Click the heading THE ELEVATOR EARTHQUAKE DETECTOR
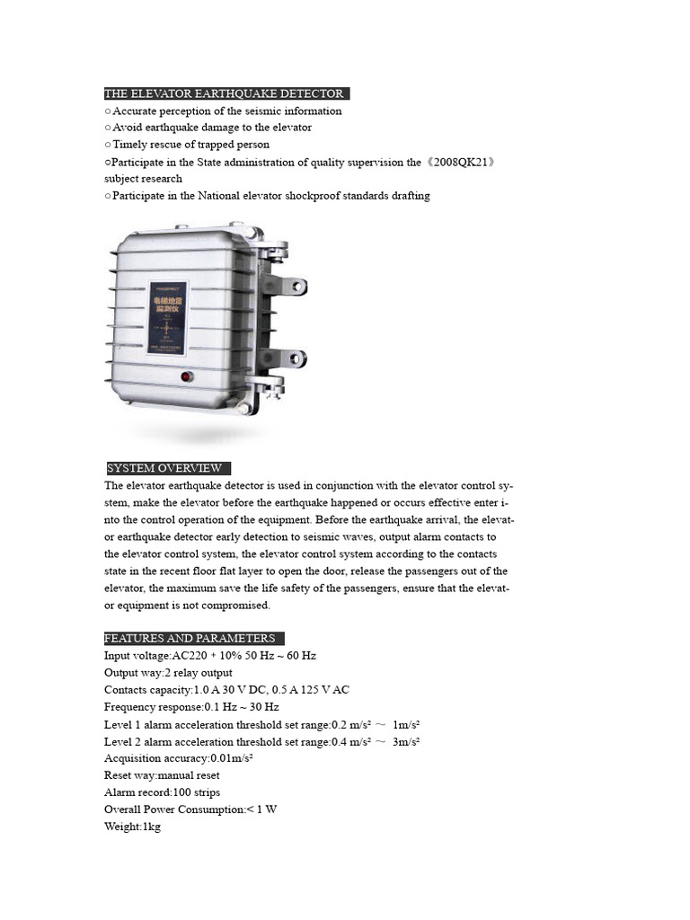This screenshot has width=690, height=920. [225, 93]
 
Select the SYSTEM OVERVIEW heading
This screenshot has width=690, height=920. [165, 468]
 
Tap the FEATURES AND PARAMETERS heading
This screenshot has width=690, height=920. [191, 638]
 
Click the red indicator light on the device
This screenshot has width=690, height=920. [188, 377]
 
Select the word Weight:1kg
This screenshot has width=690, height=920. [132, 827]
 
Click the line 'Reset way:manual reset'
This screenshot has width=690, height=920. [162, 775]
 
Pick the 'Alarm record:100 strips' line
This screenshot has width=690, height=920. [162, 792]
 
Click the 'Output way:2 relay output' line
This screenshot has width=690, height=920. [168, 673]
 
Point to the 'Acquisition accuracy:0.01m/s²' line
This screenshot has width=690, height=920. [178, 758]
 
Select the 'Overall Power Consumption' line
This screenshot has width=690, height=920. [190, 809]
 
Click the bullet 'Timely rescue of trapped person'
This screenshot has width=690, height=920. [190, 145]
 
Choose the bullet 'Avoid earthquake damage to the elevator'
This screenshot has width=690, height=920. [211, 128]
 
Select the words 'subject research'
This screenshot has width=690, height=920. [143, 179]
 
